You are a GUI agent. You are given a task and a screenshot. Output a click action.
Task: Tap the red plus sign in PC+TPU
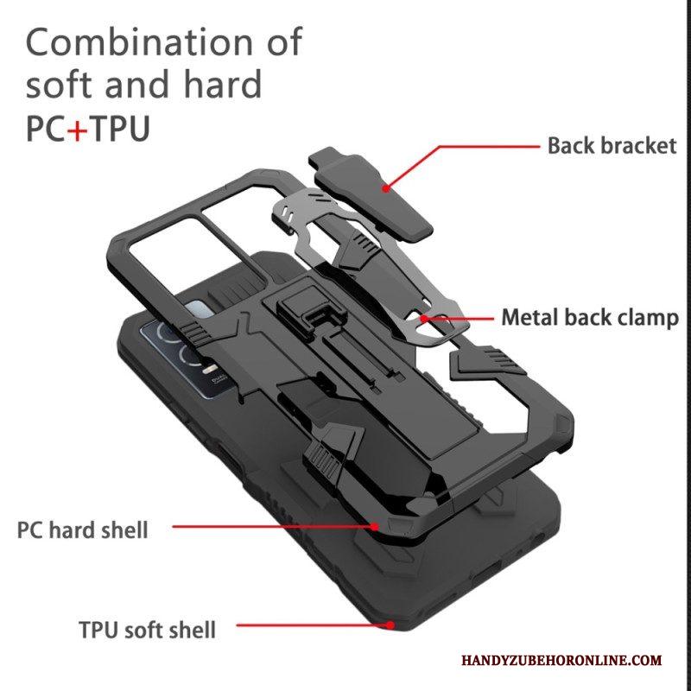[78, 129]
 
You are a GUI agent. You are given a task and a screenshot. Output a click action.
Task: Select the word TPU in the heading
[120, 128]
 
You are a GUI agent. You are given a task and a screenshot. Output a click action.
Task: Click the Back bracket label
[612, 146]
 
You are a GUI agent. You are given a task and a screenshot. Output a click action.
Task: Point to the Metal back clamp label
[590, 318]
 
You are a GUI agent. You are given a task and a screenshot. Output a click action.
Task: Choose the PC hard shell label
[82, 529]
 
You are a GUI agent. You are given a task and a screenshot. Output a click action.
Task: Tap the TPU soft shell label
[147, 630]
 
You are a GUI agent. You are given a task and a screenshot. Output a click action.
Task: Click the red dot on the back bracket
[385, 188]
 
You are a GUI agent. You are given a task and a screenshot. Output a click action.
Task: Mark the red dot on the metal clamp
[423, 318]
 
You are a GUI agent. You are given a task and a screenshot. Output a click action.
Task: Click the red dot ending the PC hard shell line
[374, 526]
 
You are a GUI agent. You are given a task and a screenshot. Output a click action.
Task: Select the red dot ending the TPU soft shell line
[390, 624]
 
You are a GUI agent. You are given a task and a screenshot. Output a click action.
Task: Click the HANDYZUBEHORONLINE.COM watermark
[562, 660]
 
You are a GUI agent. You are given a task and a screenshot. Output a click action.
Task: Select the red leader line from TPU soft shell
[314, 624]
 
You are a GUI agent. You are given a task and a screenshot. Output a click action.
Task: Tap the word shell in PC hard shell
[124, 529]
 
